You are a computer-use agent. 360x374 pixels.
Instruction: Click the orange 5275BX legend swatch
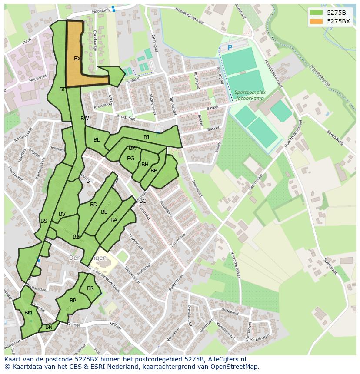pyautogui.click(x=317, y=21)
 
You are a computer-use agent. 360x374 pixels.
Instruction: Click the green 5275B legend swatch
pyautogui.click(x=317, y=12)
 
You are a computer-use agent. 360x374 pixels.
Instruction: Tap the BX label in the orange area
pyautogui.click(x=77, y=58)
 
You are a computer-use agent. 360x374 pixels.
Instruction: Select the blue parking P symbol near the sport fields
pyautogui.click(x=230, y=47)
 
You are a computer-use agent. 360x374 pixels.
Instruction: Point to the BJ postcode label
pyautogui.click(x=146, y=137)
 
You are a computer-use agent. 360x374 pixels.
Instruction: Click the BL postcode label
pyautogui.click(x=97, y=140)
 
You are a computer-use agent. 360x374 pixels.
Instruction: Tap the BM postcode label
pyautogui.click(x=28, y=313)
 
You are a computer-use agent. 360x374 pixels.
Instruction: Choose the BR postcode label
pyautogui.click(x=90, y=288)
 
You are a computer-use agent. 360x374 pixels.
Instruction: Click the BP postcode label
pyautogui.click(x=73, y=301)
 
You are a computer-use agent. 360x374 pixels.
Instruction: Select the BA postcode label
pyautogui.click(x=114, y=220)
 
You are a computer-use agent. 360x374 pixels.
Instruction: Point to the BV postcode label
pyautogui.click(x=62, y=214)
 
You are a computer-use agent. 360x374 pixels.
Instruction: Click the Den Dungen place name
pyautogui.click(x=87, y=258)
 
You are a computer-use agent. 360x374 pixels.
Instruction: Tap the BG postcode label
pyautogui.click(x=130, y=159)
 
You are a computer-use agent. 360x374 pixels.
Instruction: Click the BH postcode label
pyautogui.click(x=145, y=165)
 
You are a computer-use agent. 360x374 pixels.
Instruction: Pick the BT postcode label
pyautogui.click(x=62, y=89)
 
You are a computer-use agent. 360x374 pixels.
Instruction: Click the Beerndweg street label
pyautogui.click(x=335, y=139)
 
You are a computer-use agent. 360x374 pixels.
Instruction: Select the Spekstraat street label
pyautogui.click(x=330, y=266)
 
